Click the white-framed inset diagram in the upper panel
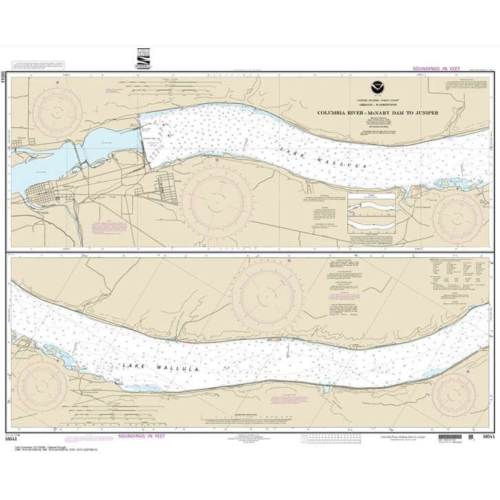(371, 214)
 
